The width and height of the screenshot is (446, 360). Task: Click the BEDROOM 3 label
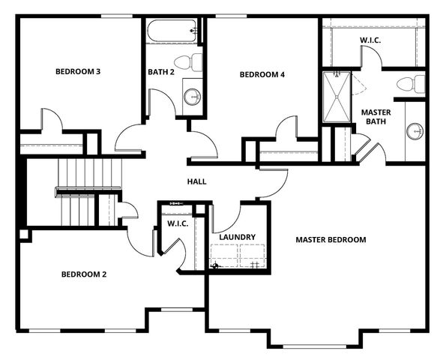[x=78, y=72]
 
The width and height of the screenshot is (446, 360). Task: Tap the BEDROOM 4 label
[x=262, y=74]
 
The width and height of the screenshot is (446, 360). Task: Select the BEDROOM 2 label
[x=83, y=274]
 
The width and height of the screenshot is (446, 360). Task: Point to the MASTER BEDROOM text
[x=331, y=240]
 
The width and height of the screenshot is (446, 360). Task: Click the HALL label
[x=196, y=181]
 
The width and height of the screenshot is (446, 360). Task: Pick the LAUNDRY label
[x=237, y=237]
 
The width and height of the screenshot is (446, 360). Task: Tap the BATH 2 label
[x=162, y=72]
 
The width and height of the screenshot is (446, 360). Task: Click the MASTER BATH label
[x=376, y=118]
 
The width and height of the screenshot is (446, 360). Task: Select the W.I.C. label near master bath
[x=370, y=40]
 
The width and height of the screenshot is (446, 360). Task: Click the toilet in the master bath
[x=411, y=83]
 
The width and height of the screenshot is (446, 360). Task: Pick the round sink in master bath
[x=415, y=131]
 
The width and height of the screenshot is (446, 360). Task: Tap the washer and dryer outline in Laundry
[x=237, y=256]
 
